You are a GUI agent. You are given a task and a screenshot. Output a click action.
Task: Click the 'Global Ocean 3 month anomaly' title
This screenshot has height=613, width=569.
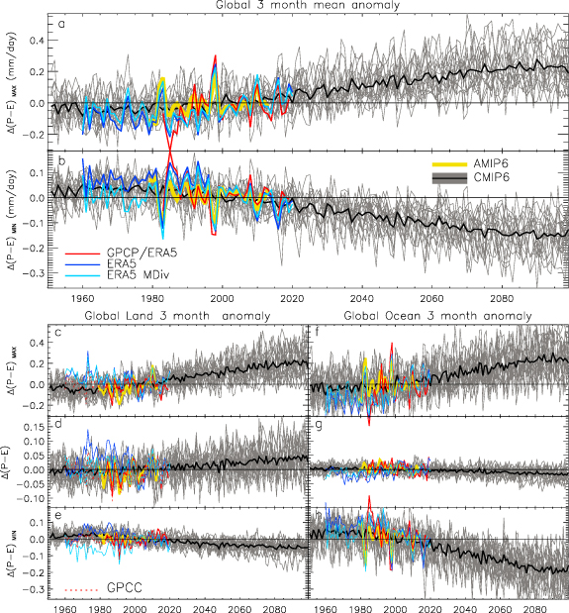point(438,315)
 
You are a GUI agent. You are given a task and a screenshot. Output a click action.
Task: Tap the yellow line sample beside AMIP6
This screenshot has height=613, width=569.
point(449,162)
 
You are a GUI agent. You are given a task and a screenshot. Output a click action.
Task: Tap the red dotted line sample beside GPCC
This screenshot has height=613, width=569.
point(81,589)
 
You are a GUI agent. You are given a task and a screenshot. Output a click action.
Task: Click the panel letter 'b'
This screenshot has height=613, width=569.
point(61,159)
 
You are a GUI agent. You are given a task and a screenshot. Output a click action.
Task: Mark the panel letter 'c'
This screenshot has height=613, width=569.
point(60,331)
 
